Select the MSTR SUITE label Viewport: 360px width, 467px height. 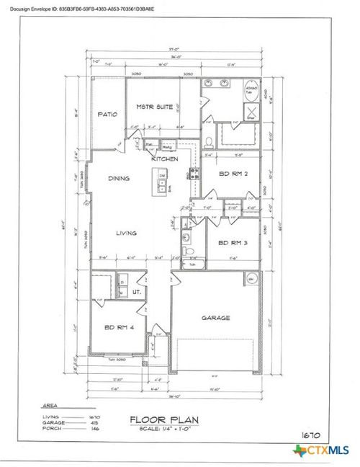(154, 108)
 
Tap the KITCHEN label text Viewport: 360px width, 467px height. (164, 158)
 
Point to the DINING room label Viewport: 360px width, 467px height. (119, 178)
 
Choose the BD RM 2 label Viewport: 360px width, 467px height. (233, 174)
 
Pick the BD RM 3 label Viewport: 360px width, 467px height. (233, 243)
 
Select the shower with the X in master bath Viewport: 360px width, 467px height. (254, 110)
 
